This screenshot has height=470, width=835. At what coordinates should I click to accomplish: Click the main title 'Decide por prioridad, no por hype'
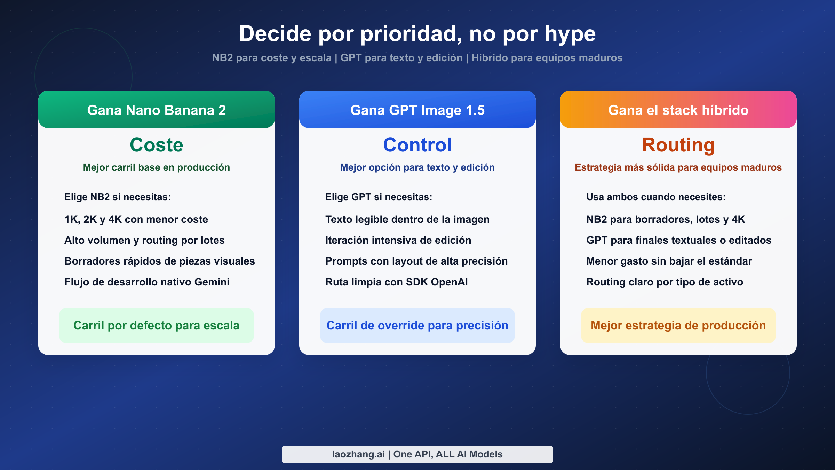[x=417, y=34]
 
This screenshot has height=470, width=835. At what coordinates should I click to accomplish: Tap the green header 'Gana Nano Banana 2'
[x=157, y=110]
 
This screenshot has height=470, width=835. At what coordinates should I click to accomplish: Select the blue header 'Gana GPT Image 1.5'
[x=417, y=110]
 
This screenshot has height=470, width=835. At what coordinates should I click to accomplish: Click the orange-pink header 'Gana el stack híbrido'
[x=678, y=110]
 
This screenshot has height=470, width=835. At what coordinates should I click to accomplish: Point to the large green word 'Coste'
[x=157, y=145]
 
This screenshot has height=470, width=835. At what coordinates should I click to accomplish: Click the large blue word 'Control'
[x=417, y=145]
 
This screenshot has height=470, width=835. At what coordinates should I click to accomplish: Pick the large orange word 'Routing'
[x=678, y=145]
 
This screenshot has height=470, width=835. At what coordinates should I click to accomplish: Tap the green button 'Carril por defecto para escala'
[x=157, y=326]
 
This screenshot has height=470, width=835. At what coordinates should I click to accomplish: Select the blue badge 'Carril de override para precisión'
[x=417, y=326]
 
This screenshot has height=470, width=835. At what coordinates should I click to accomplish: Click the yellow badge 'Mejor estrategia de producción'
[x=678, y=326]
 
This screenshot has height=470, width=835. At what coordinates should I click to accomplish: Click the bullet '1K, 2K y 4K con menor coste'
[x=136, y=219]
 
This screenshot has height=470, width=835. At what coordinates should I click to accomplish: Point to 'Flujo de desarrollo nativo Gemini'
[x=147, y=282]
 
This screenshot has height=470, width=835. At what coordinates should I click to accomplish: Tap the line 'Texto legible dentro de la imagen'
[x=407, y=219]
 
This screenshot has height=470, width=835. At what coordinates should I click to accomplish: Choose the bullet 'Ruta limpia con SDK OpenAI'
[x=396, y=282]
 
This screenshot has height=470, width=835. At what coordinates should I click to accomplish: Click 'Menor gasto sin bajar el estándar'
[x=669, y=261]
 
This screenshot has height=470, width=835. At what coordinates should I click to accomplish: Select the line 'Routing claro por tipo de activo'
[x=665, y=282]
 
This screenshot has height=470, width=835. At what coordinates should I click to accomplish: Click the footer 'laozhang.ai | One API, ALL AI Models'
[x=417, y=454]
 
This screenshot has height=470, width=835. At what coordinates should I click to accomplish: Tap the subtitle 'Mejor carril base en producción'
[x=157, y=167]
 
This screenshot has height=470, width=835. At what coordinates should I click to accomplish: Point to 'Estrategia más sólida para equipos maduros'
[x=678, y=167]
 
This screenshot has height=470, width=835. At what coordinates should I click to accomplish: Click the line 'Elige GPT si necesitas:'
[x=379, y=197]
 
